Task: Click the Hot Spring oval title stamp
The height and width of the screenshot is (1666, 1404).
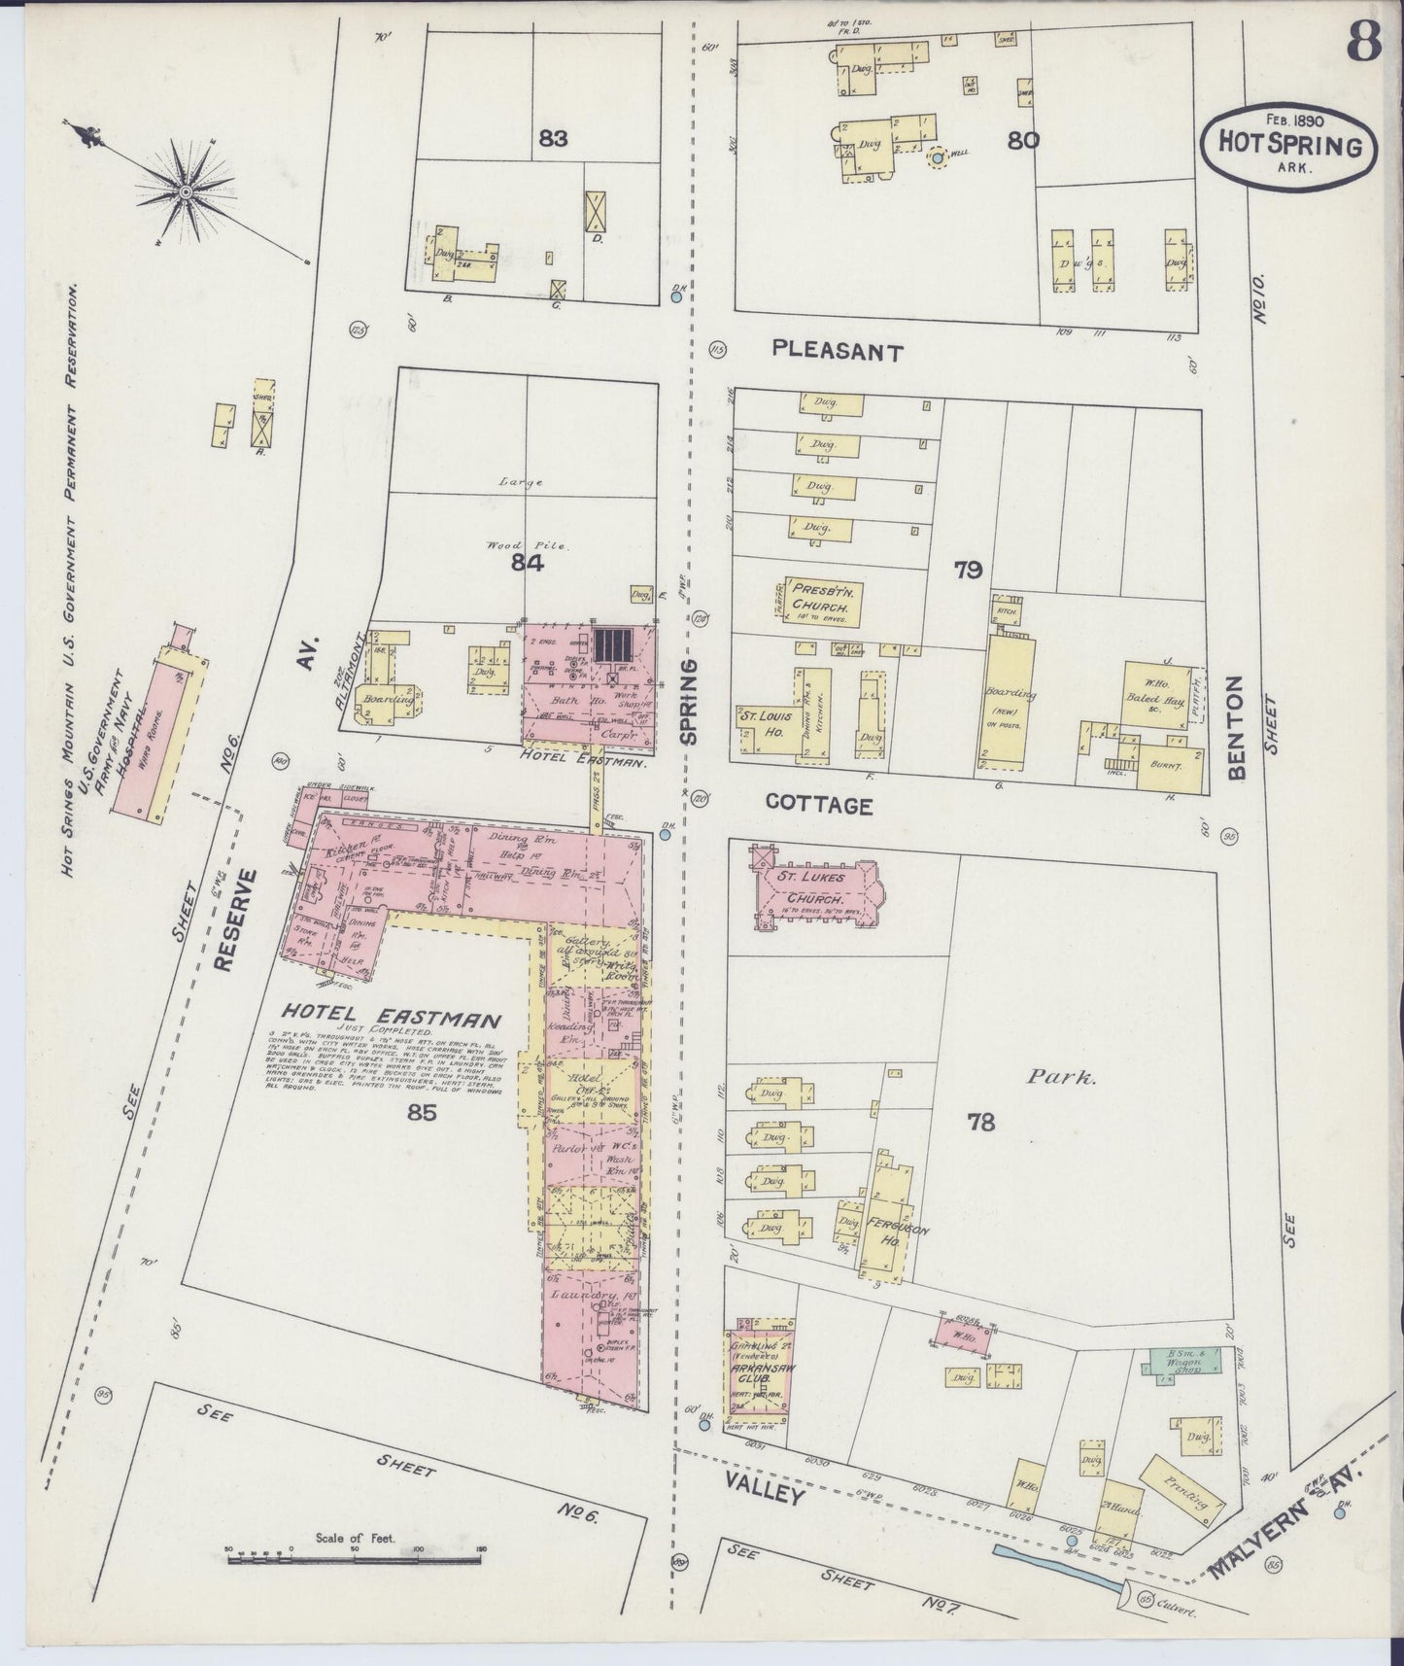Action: tap(1289, 146)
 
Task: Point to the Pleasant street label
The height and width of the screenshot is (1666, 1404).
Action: tap(839, 352)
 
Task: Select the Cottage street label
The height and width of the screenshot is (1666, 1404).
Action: tap(818, 805)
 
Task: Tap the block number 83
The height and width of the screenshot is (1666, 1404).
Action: tap(553, 139)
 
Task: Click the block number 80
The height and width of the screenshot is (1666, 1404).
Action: tap(1023, 140)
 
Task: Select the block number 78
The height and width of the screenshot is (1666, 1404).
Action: tap(981, 1122)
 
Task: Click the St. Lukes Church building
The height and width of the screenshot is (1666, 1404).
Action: tap(812, 890)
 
